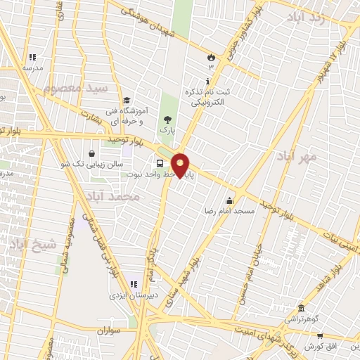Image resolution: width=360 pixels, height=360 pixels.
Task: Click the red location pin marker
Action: (181, 165)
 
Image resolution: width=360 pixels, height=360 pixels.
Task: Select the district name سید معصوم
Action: (76, 89)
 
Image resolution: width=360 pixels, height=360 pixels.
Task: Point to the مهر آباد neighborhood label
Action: (297, 156)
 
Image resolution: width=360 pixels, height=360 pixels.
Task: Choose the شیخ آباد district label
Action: (27, 245)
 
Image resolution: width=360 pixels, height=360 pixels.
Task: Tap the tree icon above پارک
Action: (167, 120)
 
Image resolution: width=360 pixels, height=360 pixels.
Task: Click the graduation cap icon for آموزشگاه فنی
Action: (127, 101)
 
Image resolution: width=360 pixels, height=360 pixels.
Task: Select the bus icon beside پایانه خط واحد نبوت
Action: (160, 165)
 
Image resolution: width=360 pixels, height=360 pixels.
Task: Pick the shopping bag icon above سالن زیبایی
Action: (92, 153)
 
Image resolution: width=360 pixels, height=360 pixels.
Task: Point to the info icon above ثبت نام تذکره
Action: (207, 81)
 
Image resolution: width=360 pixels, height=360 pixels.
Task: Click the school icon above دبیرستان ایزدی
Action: (134, 284)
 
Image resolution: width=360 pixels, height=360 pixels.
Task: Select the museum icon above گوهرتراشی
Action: (301, 309)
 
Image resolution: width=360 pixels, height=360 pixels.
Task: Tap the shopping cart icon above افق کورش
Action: (320, 337)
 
